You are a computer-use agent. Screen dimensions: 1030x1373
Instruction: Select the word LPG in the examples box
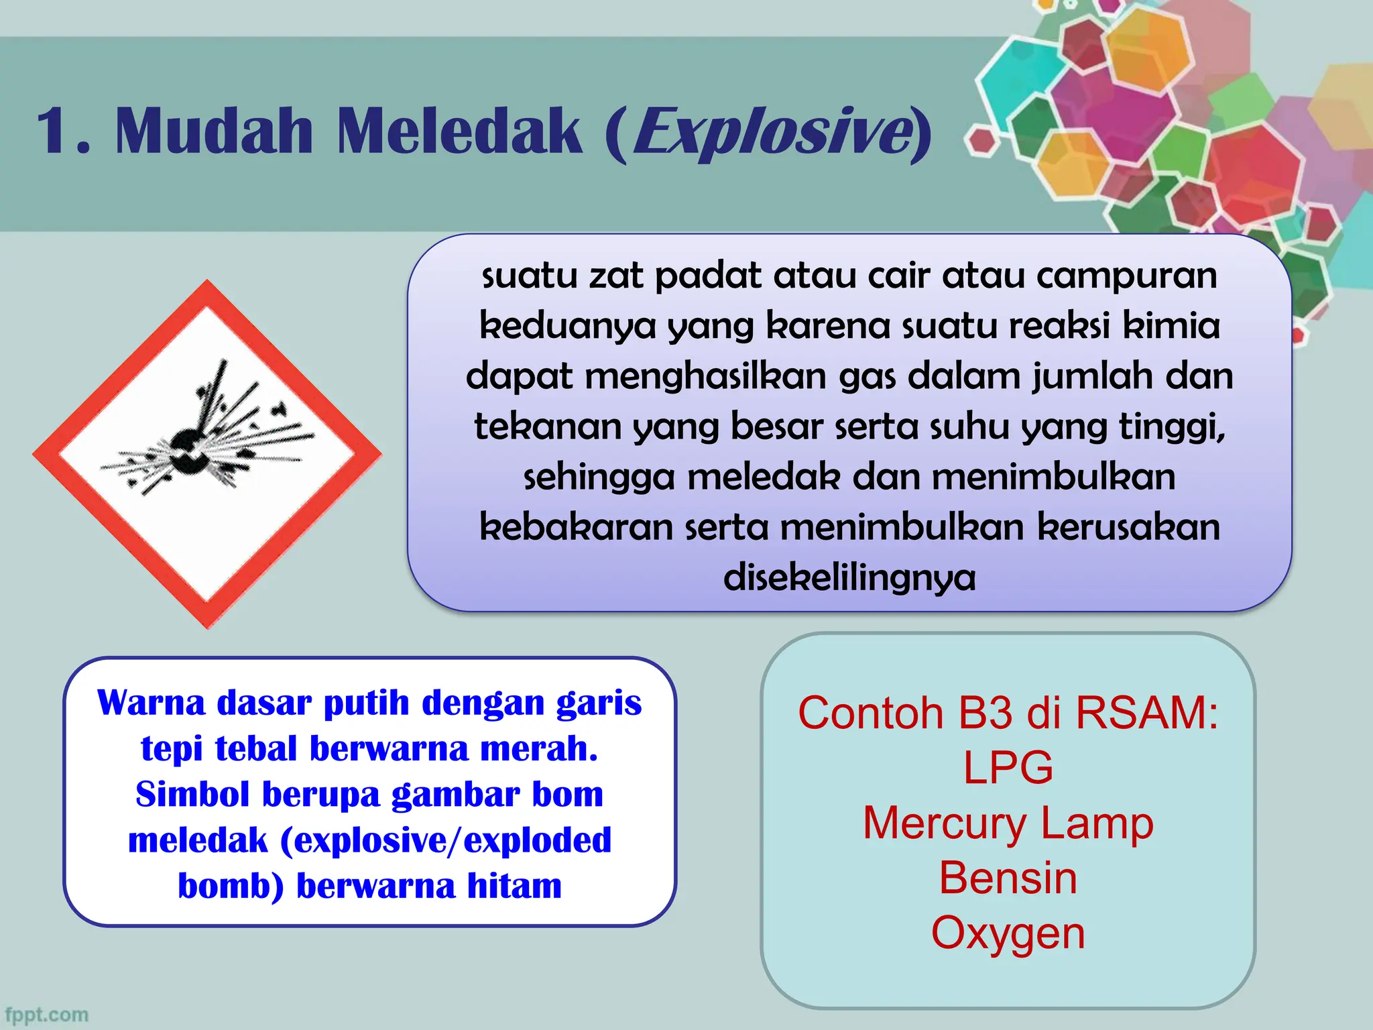point(1008,768)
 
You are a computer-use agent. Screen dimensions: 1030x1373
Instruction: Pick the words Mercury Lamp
point(1008,823)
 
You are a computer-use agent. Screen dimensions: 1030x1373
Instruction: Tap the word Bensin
point(1008,878)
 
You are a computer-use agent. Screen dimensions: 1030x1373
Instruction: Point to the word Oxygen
point(1008,933)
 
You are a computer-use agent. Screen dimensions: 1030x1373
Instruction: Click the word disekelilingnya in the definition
point(849,577)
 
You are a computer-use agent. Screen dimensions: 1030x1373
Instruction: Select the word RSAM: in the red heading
point(1147,712)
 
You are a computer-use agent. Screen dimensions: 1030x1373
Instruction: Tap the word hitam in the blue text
point(514,886)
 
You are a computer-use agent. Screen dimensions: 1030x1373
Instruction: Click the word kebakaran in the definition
point(576,527)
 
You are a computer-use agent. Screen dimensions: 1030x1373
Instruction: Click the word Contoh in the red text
point(870,712)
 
